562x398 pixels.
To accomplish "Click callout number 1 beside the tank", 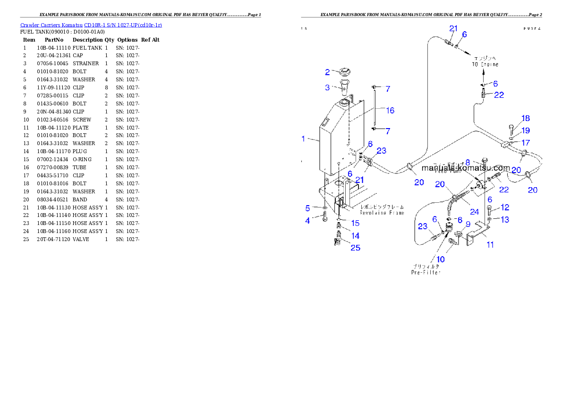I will click(303, 138).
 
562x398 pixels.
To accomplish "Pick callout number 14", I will click(355, 235).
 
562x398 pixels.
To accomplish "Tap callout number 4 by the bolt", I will click(307, 220).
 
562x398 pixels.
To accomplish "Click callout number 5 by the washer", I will click(307, 208).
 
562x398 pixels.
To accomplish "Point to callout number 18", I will click(525, 118).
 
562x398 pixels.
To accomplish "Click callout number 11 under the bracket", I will click(490, 244).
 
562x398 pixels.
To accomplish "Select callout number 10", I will click(440, 259).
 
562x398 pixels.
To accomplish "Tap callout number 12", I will click(505, 207).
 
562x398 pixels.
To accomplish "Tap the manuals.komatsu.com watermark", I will click(465, 168).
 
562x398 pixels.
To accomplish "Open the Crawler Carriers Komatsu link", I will click(91, 25).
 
